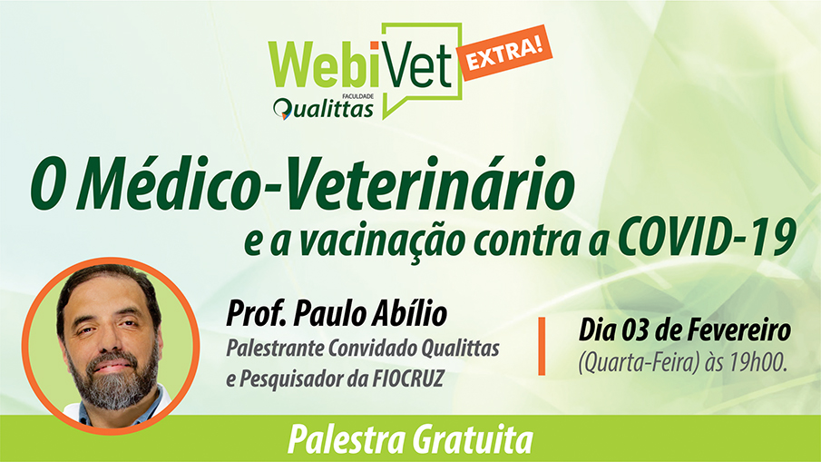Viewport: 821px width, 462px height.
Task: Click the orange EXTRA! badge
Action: point(505,53)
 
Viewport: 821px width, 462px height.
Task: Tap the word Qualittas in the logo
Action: point(324,109)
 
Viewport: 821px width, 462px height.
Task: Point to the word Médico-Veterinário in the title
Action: point(325,184)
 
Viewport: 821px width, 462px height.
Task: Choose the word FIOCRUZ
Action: point(407,378)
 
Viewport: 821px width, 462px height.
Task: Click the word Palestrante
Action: point(274,348)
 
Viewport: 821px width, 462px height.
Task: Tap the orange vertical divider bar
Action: point(542,346)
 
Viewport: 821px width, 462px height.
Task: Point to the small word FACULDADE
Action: point(357,96)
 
